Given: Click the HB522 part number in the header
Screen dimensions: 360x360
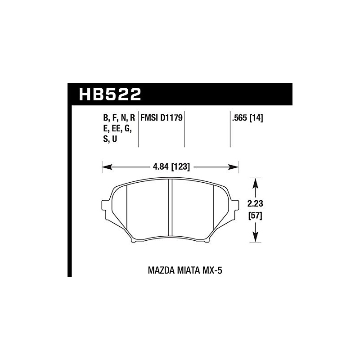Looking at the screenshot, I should (110, 94).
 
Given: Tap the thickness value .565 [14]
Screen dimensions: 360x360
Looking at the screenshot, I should (247, 119).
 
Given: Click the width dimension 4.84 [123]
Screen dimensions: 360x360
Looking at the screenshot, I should (171, 167).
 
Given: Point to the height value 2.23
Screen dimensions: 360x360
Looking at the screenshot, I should (255, 203).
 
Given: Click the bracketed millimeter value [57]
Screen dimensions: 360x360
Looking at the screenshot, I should (255, 215).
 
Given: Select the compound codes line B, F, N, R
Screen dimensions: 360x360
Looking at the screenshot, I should (119, 119).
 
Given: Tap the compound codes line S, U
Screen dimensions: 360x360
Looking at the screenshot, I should (111, 139).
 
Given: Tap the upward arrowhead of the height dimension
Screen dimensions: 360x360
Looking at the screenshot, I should (256, 182).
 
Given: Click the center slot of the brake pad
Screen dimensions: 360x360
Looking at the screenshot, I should (170, 207).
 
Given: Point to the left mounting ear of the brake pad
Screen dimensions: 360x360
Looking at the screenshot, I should (107, 207).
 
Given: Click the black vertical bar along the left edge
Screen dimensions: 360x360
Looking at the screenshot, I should (69, 189).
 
